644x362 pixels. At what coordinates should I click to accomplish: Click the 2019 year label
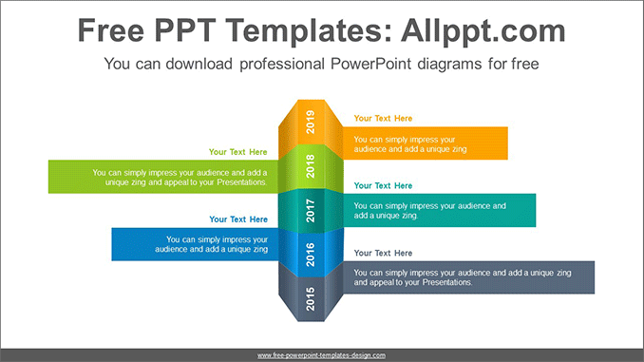coord(311,122)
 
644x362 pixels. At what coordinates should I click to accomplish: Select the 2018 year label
coord(311,166)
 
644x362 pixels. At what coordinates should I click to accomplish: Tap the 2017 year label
coord(311,211)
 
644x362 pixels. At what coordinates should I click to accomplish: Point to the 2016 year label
coord(311,255)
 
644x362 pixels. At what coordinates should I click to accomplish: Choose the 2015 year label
coord(311,298)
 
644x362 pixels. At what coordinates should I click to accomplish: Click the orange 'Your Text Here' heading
coord(383,119)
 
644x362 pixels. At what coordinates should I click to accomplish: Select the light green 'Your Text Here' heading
coord(237,152)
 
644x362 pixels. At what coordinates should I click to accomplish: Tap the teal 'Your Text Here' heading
coord(383,185)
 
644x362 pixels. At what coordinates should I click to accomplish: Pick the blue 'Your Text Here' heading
coord(238,219)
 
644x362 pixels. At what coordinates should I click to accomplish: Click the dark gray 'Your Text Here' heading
coord(383,253)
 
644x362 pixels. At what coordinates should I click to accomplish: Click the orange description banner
coord(426,143)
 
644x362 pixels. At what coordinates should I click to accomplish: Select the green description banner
coord(163,177)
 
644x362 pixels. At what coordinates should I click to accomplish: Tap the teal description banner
coord(440,210)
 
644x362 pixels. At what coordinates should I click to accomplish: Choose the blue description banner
coord(195,244)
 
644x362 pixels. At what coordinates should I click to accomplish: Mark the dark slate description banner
coord(468,277)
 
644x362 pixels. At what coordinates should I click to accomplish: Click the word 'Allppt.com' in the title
coord(483,30)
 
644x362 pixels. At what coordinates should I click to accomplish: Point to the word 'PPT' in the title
coord(185,30)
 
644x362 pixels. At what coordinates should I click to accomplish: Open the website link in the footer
coord(322,355)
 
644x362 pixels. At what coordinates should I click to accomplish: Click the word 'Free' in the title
coord(111,30)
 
